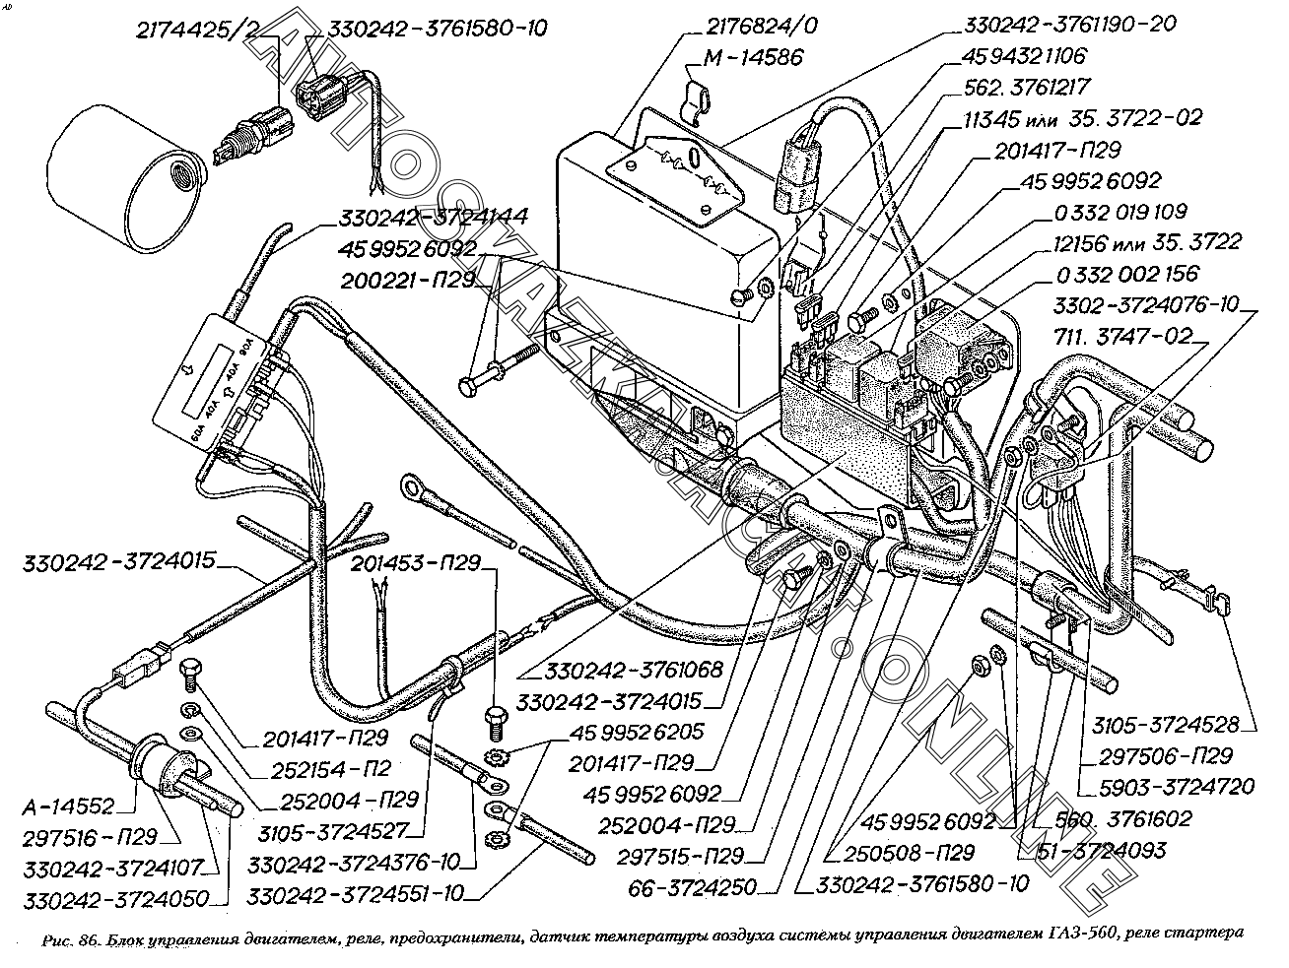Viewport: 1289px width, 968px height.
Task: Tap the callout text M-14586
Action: click(x=752, y=57)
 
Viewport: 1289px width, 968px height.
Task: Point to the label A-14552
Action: click(x=69, y=807)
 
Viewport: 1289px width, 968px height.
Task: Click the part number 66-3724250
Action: click(x=696, y=887)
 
